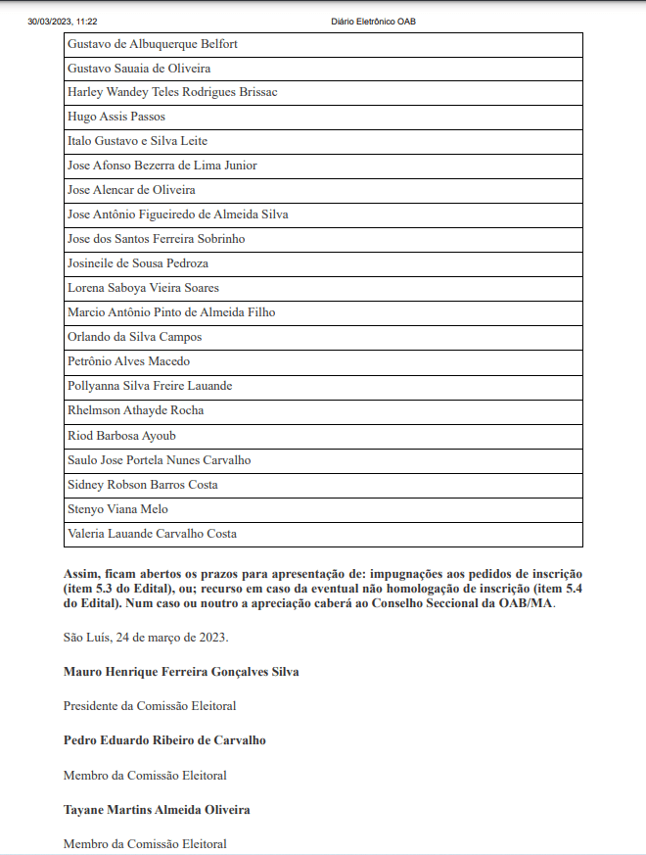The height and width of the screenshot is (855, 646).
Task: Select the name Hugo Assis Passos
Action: pyautogui.click(x=116, y=117)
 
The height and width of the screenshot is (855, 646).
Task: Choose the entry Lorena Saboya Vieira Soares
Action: pyautogui.click(x=143, y=288)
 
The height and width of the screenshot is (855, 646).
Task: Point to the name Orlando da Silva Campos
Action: pyautogui.click(x=134, y=337)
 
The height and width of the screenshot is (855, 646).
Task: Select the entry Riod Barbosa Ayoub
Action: pyautogui.click(x=121, y=436)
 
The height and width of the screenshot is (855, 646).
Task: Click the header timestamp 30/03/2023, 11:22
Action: pyautogui.click(x=63, y=21)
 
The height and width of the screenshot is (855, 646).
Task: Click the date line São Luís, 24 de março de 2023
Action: pyautogui.click(x=146, y=638)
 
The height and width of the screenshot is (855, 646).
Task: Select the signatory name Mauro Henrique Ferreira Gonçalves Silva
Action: pyautogui.click(x=181, y=672)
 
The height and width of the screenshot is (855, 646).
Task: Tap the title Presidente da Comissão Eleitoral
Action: pyautogui.click(x=150, y=705)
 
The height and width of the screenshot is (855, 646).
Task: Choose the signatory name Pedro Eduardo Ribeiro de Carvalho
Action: pyautogui.click(x=164, y=740)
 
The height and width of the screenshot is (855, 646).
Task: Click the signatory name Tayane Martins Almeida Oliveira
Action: pyautogui.click(x=157, y=810)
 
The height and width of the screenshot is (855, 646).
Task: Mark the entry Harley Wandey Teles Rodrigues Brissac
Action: pyautogui.click(x=172, y=92)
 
